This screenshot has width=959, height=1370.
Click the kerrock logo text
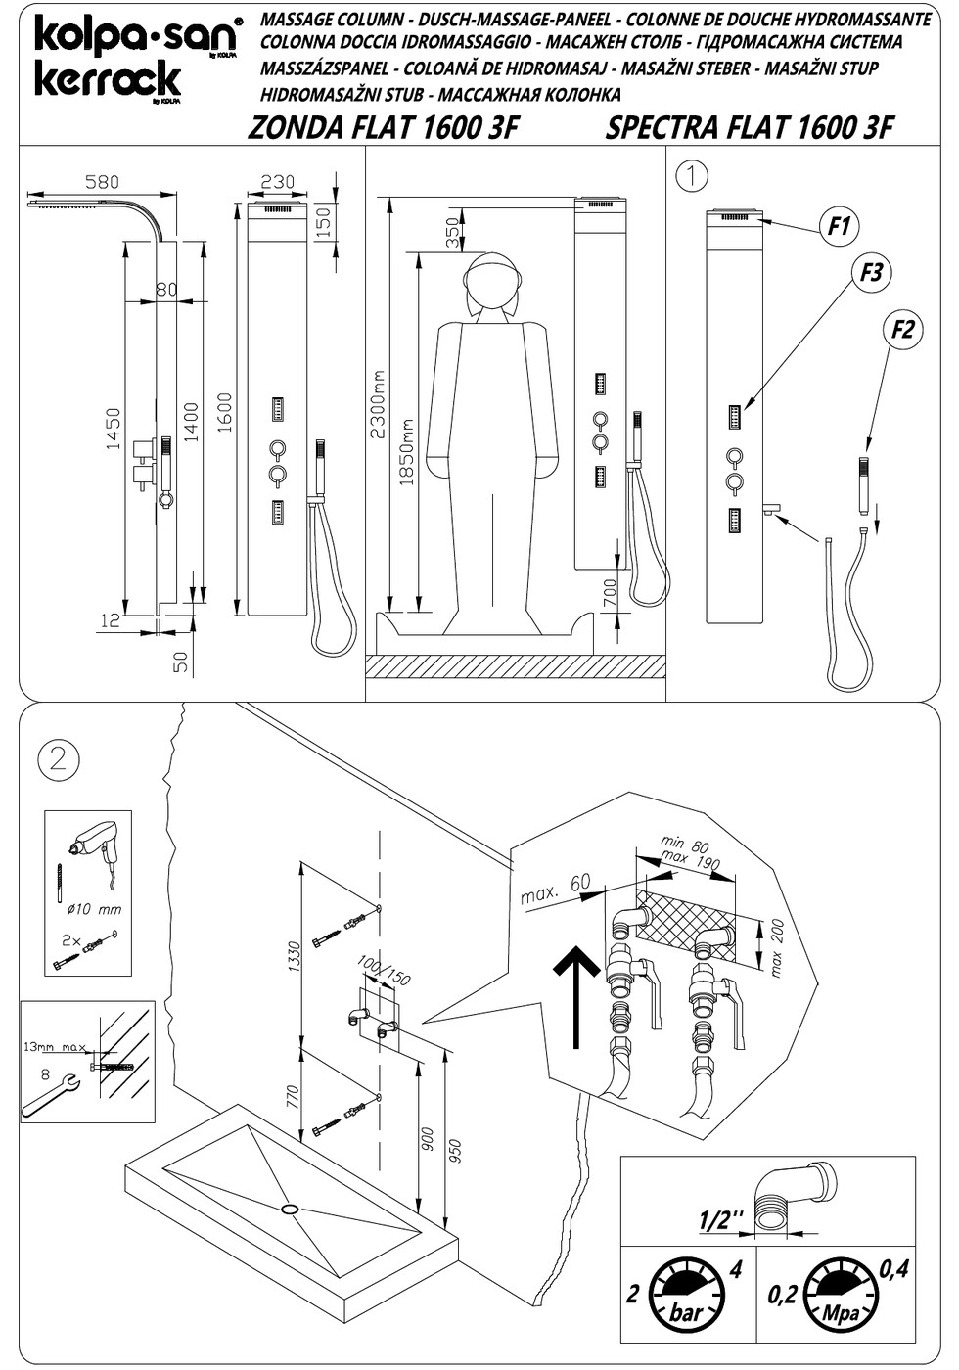click(108, 79)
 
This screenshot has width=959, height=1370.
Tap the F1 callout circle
click(840, 227)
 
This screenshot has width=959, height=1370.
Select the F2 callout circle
click(902, 330)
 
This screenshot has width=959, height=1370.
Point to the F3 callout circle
click(872, 272)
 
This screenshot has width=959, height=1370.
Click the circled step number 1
click(692, 176)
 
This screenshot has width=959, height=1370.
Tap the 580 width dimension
click(102, 182)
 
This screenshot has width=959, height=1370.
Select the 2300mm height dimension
click(378, 404)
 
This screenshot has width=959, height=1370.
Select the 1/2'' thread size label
click(721, 1221)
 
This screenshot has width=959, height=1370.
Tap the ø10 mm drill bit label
click(95, 909)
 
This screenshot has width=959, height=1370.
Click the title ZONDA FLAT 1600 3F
click(383, 128)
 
